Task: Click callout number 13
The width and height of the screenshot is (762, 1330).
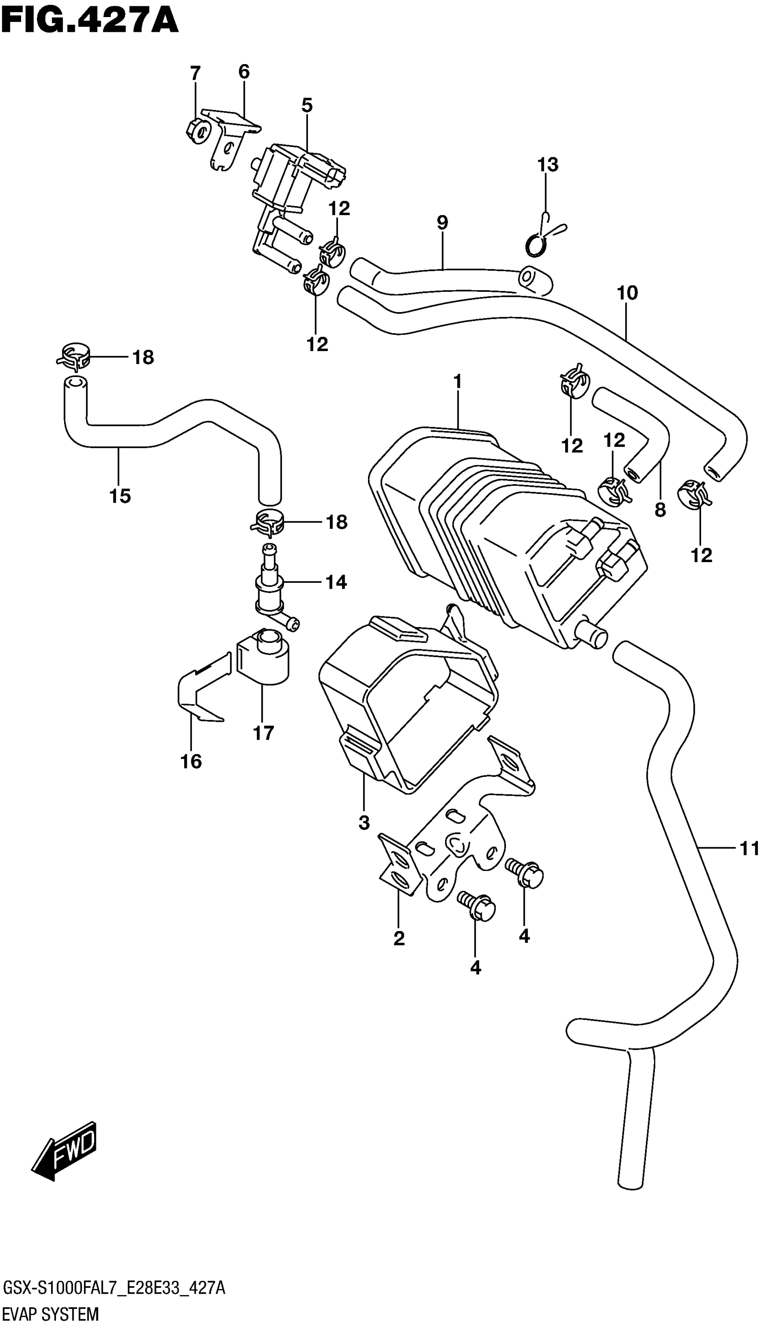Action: [x=547, y=165]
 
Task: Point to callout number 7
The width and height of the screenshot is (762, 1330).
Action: [x=195, y=73]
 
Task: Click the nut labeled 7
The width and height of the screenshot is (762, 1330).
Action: [x=197, y=131]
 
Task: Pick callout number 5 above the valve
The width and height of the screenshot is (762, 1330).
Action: [x=307, y=106]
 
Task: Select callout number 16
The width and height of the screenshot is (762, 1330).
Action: [x=191, y=762]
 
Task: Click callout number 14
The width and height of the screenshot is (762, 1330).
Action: [x=336, y=582]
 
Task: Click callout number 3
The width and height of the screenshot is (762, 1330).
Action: [x=364, y=823]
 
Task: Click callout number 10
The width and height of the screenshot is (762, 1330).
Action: [x=628, y=293]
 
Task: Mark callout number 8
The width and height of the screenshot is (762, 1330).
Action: [x=660, y=509]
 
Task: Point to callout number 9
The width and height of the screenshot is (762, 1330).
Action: [x=442, y=223]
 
